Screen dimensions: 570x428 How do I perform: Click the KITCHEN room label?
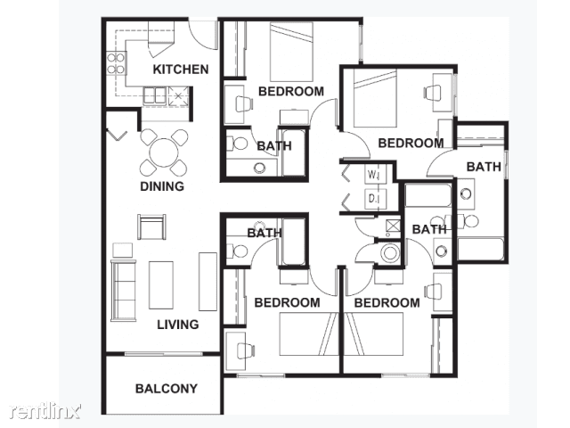click(x=180, y=70)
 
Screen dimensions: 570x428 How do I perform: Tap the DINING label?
click(x=162, y=186)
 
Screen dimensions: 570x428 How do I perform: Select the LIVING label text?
click(x=178, y=325)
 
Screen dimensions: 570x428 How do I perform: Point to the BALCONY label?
click(x=167, y=389)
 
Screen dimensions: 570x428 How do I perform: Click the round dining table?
click(x=164, y=152)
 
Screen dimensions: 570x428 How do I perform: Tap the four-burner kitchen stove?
click(x=117, y=63)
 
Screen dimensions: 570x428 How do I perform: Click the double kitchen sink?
click(x=155, y=95)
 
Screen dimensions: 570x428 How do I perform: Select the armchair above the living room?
click(x=151, y=226)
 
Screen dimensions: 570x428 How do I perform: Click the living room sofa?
click(x=123, y=290)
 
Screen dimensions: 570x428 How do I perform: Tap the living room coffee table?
click(x=160, y=285)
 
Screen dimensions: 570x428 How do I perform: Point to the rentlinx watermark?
click(x=45, y=410)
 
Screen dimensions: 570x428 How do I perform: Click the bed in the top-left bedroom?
click(x=291, y=52)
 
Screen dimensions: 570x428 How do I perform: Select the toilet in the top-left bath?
click(x=237, y=143)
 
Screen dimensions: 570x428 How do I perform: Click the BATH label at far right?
click(x=484, y=167)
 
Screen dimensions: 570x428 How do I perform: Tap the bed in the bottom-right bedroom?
click(x=373, y=333)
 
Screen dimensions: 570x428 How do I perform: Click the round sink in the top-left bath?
click(x=259, y=168)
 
